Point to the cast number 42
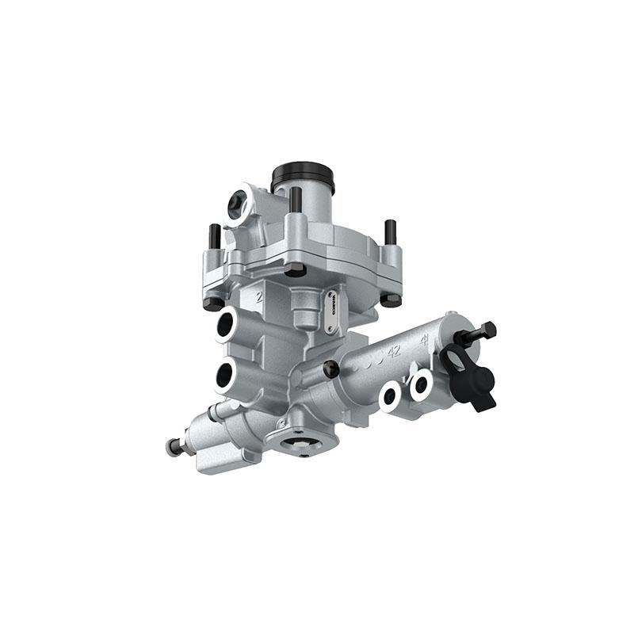pyautogui.click(x=394, y=349)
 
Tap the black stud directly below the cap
pyautogui.click(x=295, y=204)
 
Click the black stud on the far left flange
pyautogui.click(x=214, y=238)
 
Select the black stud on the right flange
pyautogui.click(x=390, y=232)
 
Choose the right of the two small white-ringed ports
pyautogui.click(x=419, y=386)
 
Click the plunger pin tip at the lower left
pyautogui.click(x=170, y=447)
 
